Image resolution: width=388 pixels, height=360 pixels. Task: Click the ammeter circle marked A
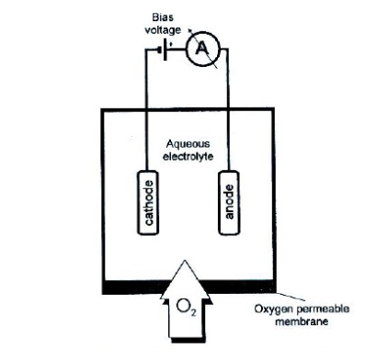(x=199, y=52)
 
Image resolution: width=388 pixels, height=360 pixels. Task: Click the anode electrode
(x=230, y=199)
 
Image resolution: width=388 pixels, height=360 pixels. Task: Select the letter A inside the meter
(x=199, y=52)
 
